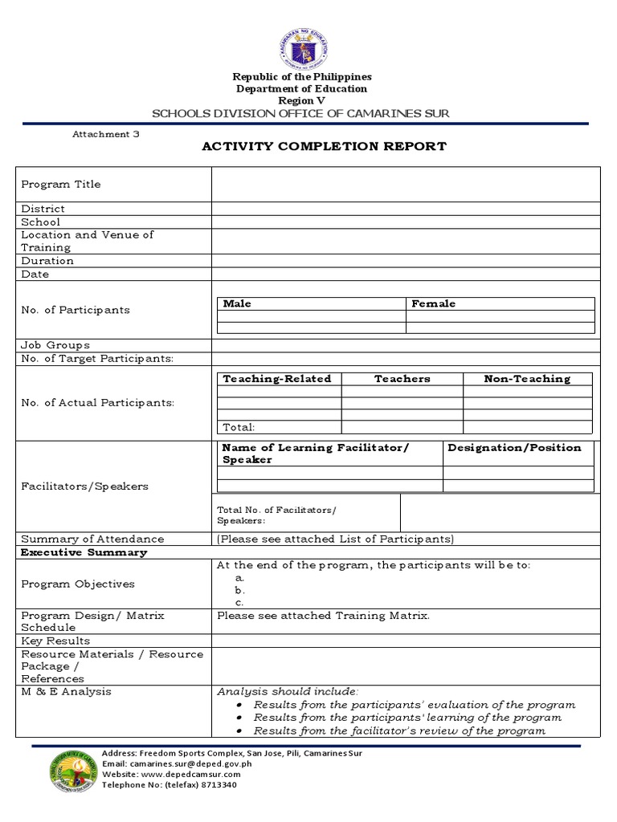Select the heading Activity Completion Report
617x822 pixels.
point(323,146)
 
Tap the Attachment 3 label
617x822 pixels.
point(106,134)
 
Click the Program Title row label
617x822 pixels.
point(61,184)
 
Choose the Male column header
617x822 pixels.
point(237,303)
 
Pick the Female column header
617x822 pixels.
point(434,303)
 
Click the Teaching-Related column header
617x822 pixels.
point(277,379)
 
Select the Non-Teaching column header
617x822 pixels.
point(527,379)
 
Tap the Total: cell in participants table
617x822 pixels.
point(239,427)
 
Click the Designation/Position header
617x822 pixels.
point(514,448)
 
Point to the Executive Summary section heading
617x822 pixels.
point(84,552)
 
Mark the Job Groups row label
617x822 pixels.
point(55,345)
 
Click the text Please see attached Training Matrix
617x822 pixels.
point(323,616)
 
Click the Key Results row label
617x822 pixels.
point(55,641)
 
